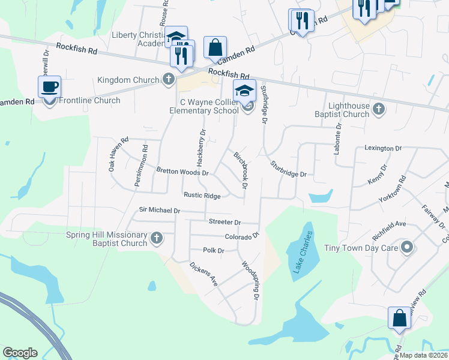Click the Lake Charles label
(303, 253)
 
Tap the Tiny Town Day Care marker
(408, 247)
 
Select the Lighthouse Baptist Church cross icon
(378, 109)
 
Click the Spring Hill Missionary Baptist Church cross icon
(157, 238)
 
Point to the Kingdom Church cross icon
(169, 79)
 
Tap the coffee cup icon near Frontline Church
(49, 86)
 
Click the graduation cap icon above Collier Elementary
(244, 91)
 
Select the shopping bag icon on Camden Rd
(215, 47)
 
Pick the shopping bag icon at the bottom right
(400, 318)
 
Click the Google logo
(20, 353)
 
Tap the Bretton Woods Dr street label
(182, 172)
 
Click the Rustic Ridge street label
(202, 196)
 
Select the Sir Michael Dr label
(160, 210)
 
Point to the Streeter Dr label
(224, 222)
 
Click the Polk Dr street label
(213, 250)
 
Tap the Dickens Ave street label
(203, 274)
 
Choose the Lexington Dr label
(382, 148)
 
